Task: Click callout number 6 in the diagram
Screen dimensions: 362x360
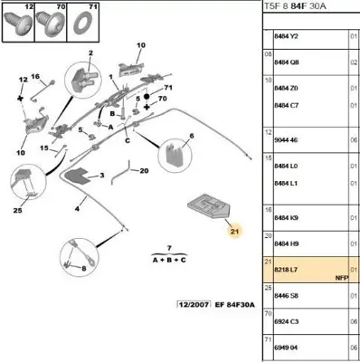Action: [x=191, y=138]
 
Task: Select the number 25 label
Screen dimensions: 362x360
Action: [x=17, y=211]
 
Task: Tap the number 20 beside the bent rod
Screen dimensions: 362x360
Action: [x=143, y=169]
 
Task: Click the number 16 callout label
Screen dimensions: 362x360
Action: [x=36, y=78]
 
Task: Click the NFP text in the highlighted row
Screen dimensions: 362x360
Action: [x=341, y=278]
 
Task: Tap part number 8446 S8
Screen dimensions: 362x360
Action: [x=288, y=295]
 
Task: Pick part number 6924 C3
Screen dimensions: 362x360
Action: [x=288, y=320]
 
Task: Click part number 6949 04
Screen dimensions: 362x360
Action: [x=288, y=346]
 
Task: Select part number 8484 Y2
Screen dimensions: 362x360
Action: [x=288, y=35]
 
